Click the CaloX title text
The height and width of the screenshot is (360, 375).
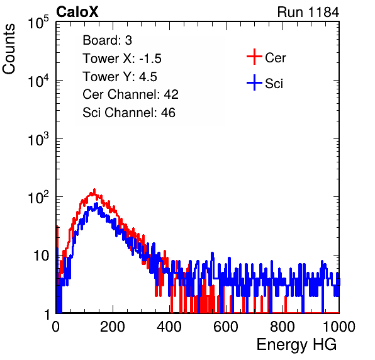click(77, 12)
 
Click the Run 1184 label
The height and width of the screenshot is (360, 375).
click(308, 12)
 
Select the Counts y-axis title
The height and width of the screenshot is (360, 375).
click(9, 49)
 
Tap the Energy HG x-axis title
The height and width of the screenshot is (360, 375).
click(296, 345)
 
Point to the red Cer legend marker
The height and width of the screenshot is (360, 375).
click(254, 57)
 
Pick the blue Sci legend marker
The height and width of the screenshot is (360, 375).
click(254, 82)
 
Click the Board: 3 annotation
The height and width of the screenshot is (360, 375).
click(107, 40)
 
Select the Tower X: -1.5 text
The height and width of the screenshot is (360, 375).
click(122, 59)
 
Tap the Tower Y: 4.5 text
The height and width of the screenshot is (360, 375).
click(120, 77)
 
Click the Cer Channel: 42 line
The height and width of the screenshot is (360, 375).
click(131, 94)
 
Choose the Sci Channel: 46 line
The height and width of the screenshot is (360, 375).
click(129, 113)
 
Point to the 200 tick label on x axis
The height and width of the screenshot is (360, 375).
click(113, 327)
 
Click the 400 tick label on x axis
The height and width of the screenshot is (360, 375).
click(169, 327)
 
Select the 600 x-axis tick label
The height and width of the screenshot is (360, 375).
click(226, 327)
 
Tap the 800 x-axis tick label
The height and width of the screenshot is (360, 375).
click(283, 327)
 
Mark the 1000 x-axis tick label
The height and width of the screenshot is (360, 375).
click(339, 327)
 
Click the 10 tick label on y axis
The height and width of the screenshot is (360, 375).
click(41, 256)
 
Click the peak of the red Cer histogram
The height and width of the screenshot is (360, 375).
click(94, 189)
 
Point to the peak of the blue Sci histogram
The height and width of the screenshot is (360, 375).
click(96, 203)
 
